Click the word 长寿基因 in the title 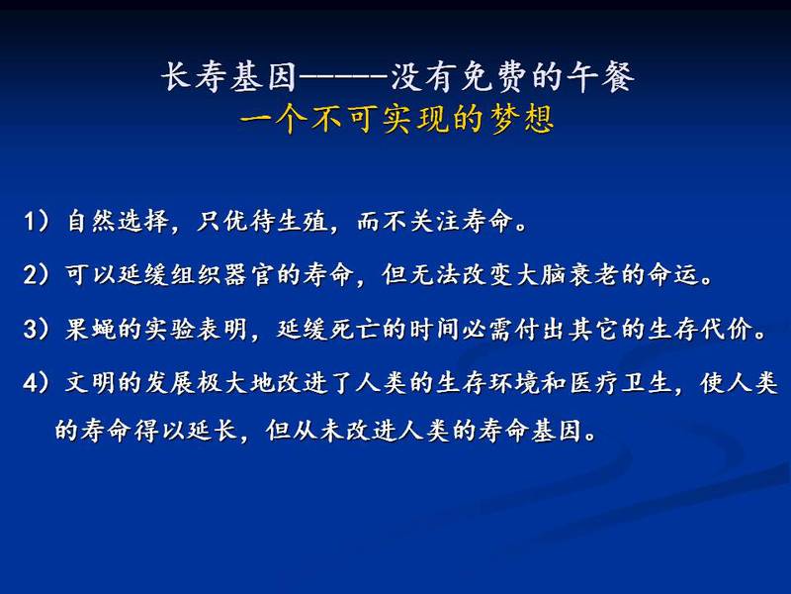(229, 77)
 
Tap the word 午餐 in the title (600, 77)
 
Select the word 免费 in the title (494, 77)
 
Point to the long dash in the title (343, 78)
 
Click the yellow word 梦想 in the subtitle (523, 120)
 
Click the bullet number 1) (37, 221)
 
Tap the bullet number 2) (37, 275)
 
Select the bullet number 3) (37, 330)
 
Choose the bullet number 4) (37, 383)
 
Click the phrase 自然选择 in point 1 (118, 221)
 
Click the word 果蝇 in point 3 (91, 330)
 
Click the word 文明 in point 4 (91, 383)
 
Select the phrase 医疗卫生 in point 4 (621, 383)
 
